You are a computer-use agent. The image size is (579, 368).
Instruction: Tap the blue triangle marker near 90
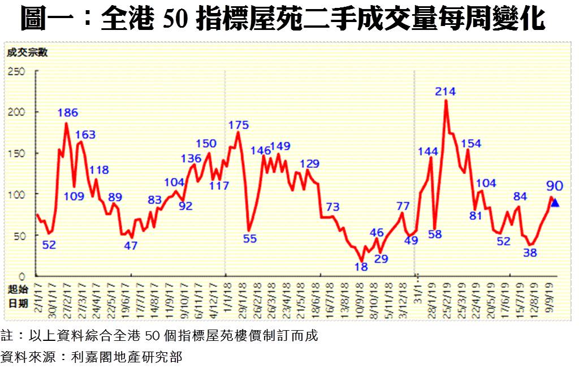(x=555, y=203)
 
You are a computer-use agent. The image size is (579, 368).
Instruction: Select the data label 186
(x=68, y=112)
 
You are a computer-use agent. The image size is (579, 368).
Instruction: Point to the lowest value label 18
(x=361, y=266)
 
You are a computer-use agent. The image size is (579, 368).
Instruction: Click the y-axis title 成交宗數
(x=27, y=53)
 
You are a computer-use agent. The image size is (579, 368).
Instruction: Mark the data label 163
(x=85, y=135)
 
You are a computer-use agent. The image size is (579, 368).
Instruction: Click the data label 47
(x=131, y=245)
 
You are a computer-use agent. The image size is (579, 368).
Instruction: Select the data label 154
(x=471, y=143)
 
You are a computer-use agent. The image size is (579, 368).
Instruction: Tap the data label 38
(x=530, y=253)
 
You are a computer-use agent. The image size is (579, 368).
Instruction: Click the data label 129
(x=309, y=164)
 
